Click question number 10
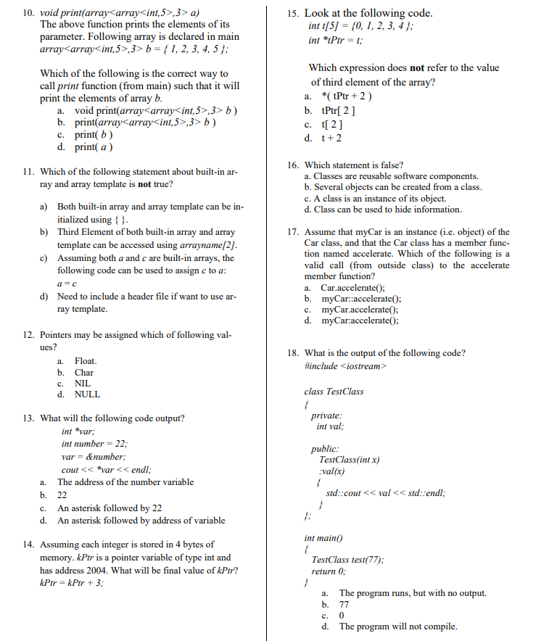(x=30, y=12)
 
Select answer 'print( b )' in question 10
(x=94, y=135)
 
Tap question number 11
(x=30, y=172)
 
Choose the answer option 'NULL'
(x=88, y=394)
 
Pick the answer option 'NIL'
(x=83, y=383)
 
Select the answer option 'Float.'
(x=86, y=360)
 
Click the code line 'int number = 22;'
(x=94, y=444)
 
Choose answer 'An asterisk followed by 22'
(x=110, y=508)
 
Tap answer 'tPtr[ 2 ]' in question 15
(x=339, y=111)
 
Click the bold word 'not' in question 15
(x=417, y=68)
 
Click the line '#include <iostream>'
(x=347, y=366)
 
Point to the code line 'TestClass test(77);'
(x=347, y=560)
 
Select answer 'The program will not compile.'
(x=397, y=626)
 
